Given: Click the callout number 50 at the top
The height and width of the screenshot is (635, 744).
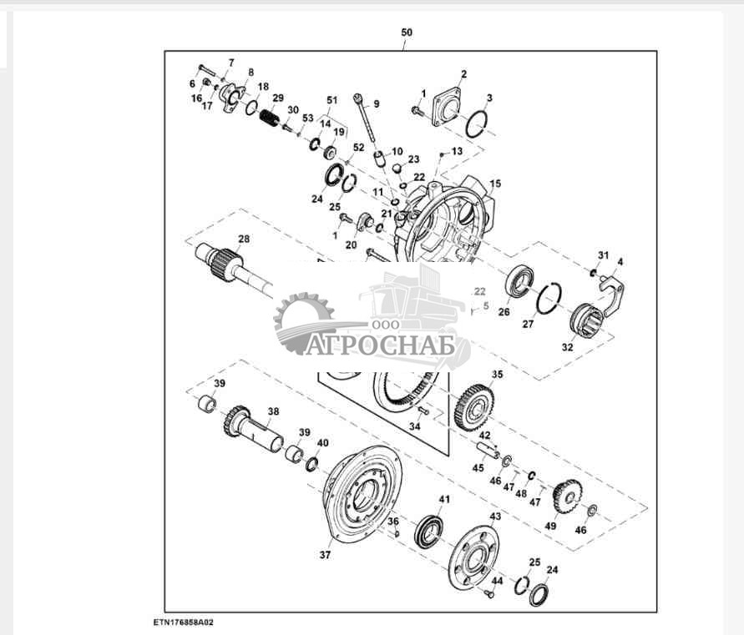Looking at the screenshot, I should (406, 33).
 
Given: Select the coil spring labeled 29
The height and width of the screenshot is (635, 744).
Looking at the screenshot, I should (270, 118).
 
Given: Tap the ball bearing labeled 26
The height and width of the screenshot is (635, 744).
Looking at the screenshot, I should (519, 281).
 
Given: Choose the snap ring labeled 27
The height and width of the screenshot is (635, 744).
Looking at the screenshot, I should (549, 297).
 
